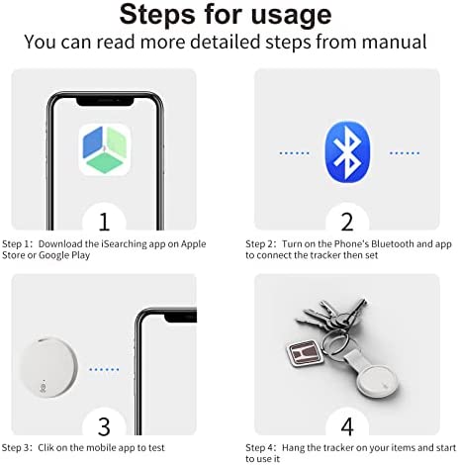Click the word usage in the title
(291, 16)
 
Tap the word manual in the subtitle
(394, 42)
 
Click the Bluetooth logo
(347, 152)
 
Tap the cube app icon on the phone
(105, 149)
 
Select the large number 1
(104, 222)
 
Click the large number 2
(347, 222)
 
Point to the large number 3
(104, 426)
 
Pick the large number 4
(347, 426)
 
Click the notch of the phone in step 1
(105, 101)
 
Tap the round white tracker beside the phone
(48, 367)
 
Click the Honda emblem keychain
(304, 353)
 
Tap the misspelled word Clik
(46, 447)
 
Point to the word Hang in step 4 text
(293, 448)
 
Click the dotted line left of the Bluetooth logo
(294, 153)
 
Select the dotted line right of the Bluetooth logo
(405, 153)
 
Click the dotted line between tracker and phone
(104, 369)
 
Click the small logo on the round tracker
(43, 387)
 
